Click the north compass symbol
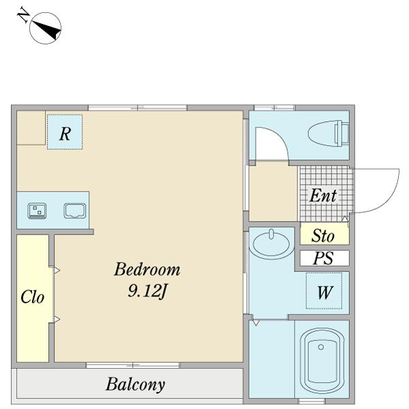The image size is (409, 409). (46, 28)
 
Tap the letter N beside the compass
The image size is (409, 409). (23, 15)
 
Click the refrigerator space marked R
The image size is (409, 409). (65, 132)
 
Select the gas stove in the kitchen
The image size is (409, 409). (37, 211)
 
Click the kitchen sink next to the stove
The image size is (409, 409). (75, 211)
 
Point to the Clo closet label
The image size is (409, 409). (32, 297)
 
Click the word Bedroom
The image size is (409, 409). (147, 269)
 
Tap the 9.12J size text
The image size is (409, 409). (147, 291)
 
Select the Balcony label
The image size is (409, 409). (136, 384)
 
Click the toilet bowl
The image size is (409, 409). (329, 134)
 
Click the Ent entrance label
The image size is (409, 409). (323, 196)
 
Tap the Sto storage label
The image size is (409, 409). (323, 236)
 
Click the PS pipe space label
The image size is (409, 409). (323, 258)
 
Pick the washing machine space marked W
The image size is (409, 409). (324, 291)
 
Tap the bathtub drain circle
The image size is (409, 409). (321, 347)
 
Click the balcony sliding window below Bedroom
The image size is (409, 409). (133, 365)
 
